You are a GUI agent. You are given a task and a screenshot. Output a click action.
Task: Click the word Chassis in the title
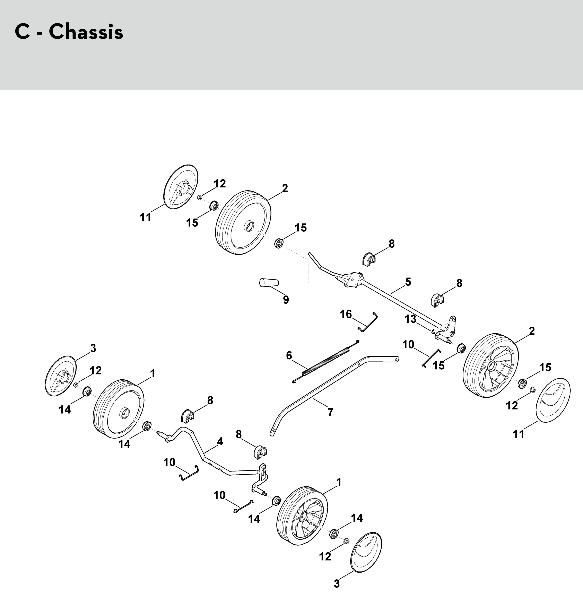(86, 32)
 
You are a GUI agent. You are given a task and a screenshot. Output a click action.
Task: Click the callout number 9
(286, 300)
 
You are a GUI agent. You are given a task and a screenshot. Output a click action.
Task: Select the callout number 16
(346, 315)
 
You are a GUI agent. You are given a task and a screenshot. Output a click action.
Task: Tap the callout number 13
(410, 319)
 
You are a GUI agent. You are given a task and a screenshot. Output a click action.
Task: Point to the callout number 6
(289, 355)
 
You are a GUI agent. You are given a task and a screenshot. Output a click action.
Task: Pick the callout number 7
(330, 412)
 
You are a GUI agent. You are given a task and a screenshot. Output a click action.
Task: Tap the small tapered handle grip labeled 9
(269, 283)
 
